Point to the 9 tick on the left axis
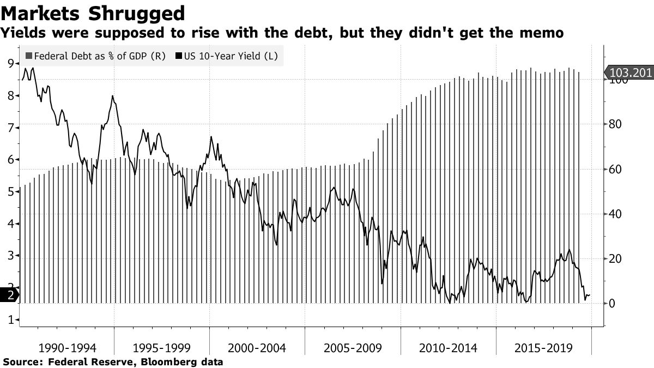pos(10,64)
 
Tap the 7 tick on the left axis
pos(10,128)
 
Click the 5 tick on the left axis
pos(10,192)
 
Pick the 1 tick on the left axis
pos(10,320)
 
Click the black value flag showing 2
pos(9,295)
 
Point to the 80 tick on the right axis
pos(616,124)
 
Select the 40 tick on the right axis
pos(616,214)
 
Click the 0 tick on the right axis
pos(613,303)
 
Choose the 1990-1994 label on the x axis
pos(66,347)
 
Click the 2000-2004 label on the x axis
pos(257,347)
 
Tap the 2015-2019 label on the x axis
pos(543,347)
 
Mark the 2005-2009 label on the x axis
pos(353,347)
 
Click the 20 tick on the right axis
pos(616,258)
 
